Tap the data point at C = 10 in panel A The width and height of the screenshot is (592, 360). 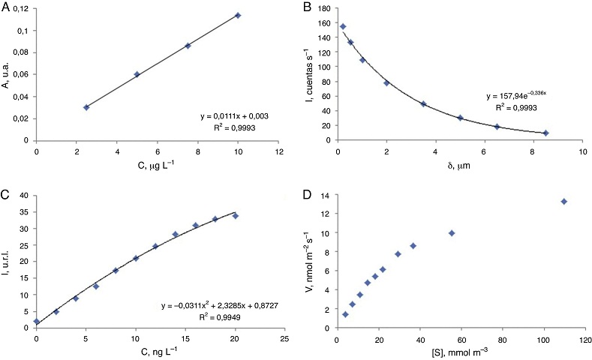[238, 15]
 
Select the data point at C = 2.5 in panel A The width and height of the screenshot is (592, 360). [86, 107]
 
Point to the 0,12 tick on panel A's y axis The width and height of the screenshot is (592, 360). [20, 8]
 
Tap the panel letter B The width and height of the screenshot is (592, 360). [305, 7]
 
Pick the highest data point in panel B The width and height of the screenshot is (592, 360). [343, 26]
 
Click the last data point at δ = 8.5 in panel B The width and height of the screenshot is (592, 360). [545, 133]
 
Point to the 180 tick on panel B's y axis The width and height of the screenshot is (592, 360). [322, 8]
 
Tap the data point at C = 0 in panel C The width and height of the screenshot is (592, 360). [37, 321]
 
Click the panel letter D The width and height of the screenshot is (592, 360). [307, 196]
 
